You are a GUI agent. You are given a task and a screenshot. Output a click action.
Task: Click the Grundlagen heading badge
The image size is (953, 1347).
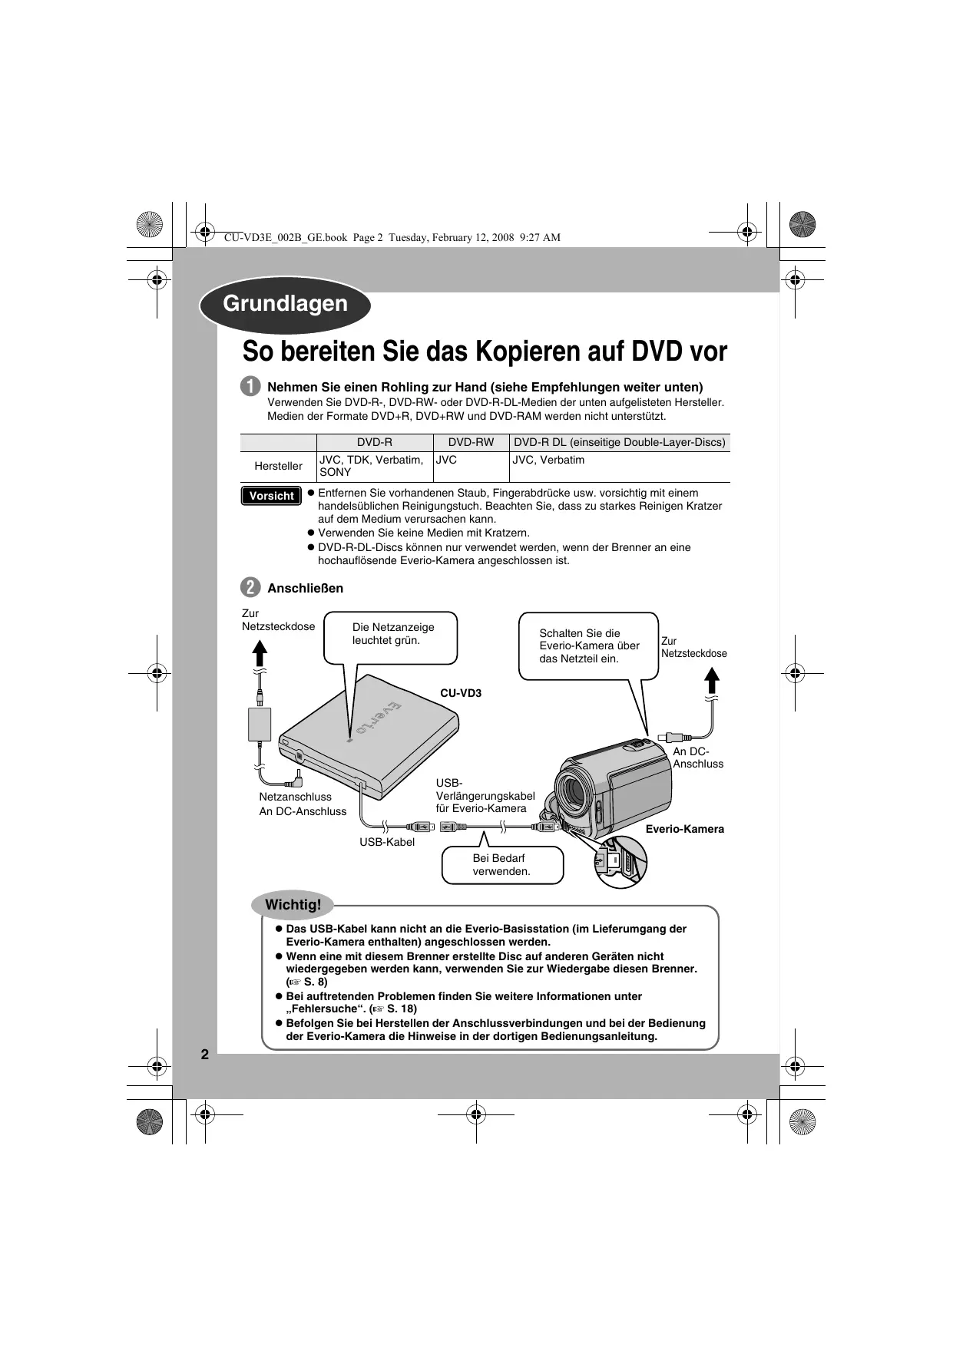pyautogui.click(x=285, y=304)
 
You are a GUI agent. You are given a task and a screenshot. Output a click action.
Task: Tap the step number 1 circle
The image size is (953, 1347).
pyautogui.click(x=250, y=387)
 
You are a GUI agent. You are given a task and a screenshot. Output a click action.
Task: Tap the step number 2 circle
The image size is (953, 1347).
pyautogui.click(x=250, y=588)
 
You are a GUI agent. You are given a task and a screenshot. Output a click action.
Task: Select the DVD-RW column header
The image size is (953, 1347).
pyautogui.click(x=471, y=442)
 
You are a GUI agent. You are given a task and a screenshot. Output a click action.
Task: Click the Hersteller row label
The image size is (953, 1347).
pyautogui.click(x=278, y=466)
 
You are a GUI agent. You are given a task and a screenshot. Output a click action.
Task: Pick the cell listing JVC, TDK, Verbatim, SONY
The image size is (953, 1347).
pyautogui.click(x=373, y=466)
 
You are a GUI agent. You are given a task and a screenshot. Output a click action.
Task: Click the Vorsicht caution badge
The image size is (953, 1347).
pyautogui.click(x=271, y=496)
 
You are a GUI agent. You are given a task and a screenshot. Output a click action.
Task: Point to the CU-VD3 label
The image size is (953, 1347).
pyautogui.click(x=461, y=693)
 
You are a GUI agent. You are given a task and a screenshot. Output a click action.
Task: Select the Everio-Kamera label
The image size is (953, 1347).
pyautogui.click(x=684, y=829)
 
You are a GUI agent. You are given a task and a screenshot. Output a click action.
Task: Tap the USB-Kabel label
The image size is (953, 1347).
pyautogui.click(x=387, y=842)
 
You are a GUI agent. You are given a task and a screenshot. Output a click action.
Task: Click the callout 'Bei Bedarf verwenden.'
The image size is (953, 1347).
pyautogui.click(x=502, y=865)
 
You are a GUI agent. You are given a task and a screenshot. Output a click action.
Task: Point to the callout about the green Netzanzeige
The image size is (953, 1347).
pyautogui.click(x=390, y=637)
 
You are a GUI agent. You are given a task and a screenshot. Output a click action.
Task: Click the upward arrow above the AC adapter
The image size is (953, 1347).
pyautogui.click(x=260, y=652)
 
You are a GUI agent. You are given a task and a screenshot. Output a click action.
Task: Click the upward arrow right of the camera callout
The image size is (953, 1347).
pyautogui.click(x=713, y=680)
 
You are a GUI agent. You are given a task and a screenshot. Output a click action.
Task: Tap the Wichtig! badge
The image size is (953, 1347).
pyautogui.click(x=293, y=904)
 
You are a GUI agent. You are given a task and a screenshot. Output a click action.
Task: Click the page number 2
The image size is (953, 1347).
pyautogui.click(x=205, y=1055)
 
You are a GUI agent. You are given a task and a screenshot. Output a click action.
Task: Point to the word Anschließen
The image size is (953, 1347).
pyautogui.click(x=305, y=588)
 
